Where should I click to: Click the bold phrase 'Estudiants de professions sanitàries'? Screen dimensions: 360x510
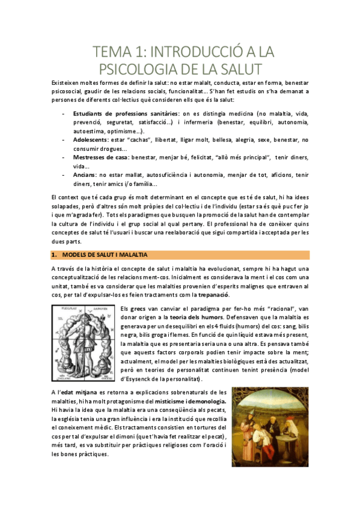126,113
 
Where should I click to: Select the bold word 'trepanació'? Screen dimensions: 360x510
210,294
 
